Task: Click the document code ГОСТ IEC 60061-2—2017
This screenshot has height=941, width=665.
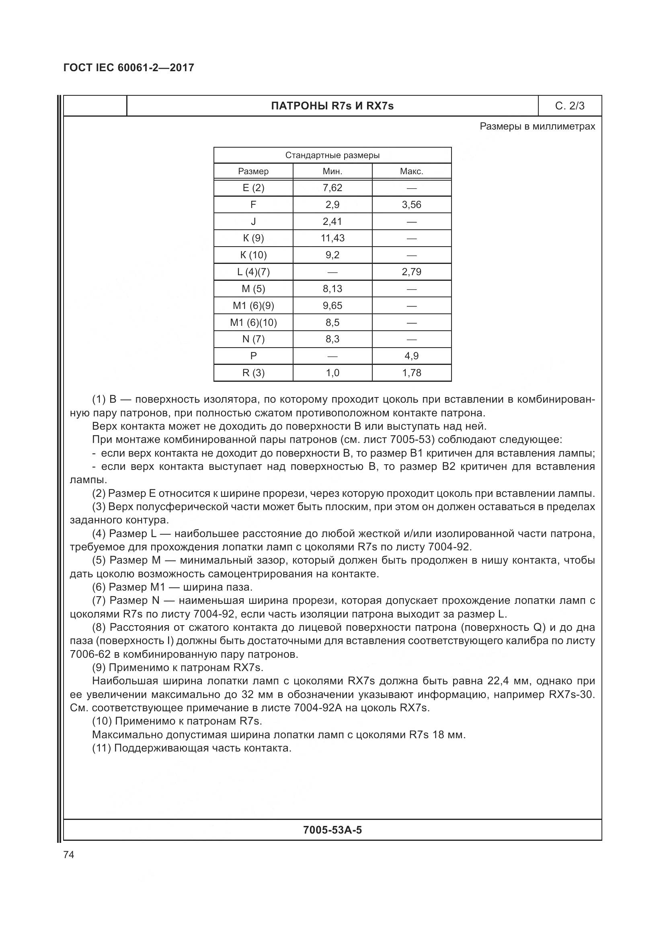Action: tap(129, 68)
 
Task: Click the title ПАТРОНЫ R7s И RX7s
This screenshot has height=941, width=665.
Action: tap(332, 106)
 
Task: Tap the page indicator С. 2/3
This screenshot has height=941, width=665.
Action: tap(570, 106)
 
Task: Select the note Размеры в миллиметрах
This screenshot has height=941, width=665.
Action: tap(537, 127)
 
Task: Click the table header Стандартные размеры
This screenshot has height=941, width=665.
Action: tap(332, 155)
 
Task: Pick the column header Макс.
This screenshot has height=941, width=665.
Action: tap(412, 171)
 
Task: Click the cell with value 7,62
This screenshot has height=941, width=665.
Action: tap(332, 188)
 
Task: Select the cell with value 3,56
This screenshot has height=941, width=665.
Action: tap(412, 204)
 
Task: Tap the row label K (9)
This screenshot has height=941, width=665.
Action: tap(253, 238)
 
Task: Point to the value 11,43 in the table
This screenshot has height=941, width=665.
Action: tap(332, 238)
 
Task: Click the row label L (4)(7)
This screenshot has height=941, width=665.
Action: tap(253, 272)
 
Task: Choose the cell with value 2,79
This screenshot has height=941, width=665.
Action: tap(412, 272)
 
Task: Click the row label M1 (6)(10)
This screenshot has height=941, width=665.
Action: tap(253, 323)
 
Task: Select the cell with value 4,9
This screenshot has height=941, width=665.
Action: tap(412, 356)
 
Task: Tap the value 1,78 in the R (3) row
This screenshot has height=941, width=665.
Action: tap(412, 373)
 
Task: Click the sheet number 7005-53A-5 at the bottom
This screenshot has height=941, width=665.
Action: tap(332, 830)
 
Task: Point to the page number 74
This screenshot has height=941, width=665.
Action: tap(69, 855)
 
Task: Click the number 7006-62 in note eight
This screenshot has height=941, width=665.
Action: tap(90, 655)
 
